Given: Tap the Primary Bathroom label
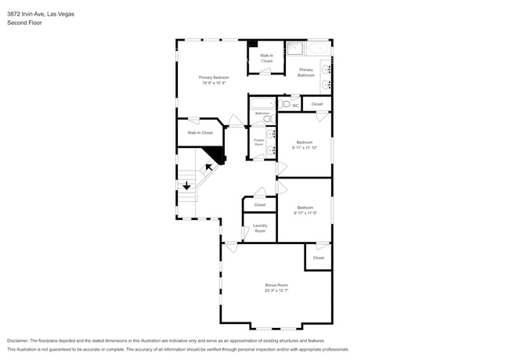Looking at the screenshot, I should [x=305, y=72].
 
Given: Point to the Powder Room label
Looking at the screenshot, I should [x=258, y=142].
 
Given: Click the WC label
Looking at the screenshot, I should [x=296, y=105].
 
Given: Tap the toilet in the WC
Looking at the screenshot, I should [x=285, y=103].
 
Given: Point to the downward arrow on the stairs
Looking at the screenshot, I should [x=186, y=185].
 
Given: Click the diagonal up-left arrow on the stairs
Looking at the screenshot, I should [x=209, y=167].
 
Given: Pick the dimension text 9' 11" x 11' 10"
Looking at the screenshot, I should [x=304, y=147].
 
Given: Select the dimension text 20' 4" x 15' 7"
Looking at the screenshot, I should [x=276, y=290].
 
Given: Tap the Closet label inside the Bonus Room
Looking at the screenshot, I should [x=318, y=257].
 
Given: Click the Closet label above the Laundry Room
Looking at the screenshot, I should [x=259, y=204].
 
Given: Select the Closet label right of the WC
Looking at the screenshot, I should [x=316, y=104].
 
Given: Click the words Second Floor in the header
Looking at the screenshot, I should [x=24, y=23].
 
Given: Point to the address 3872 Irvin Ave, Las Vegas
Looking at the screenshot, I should [x=41, y=13].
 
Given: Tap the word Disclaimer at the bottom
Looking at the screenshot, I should [x=17, y=341].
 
